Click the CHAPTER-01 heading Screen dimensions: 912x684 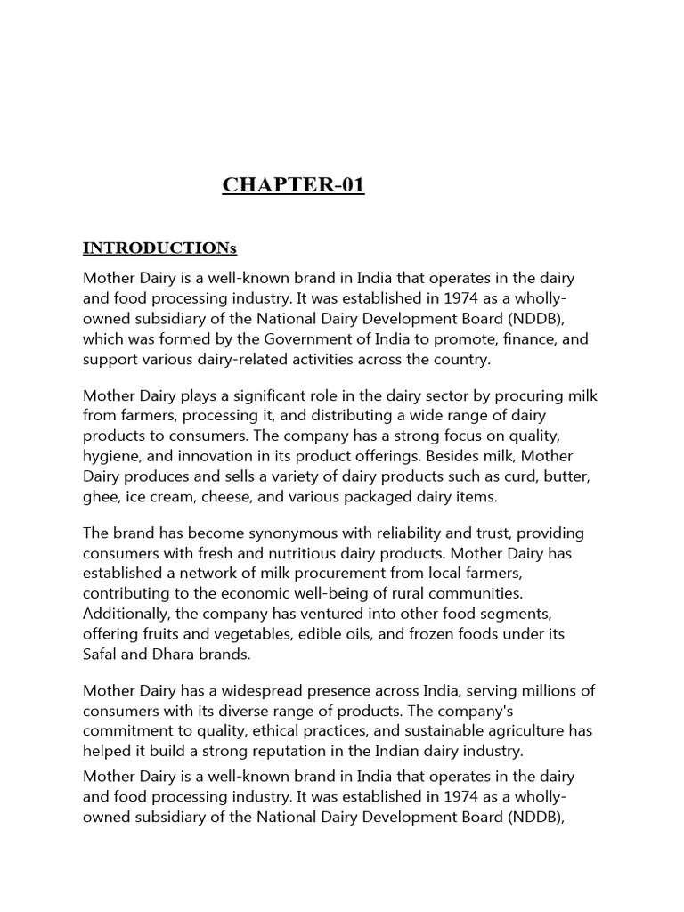(x=293, y=185)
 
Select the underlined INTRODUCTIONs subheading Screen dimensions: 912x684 (x=160, y=247)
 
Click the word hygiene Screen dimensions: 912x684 (x=112, y=456)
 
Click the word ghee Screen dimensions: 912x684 (x=101, y=497)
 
